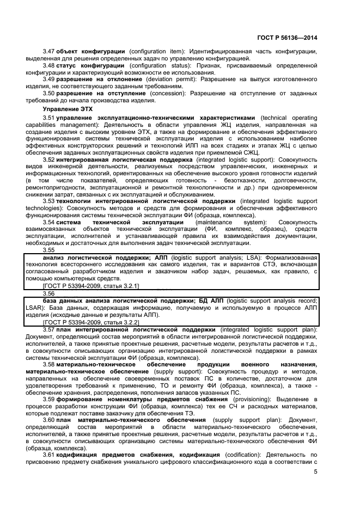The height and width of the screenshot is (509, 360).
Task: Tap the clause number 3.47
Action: [49, 51]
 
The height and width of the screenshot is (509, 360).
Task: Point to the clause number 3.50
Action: [49, 94]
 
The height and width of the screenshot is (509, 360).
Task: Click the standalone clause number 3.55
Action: [49, 249]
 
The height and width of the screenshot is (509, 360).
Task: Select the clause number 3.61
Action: [49, 454]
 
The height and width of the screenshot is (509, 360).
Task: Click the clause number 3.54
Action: [49, 223]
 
